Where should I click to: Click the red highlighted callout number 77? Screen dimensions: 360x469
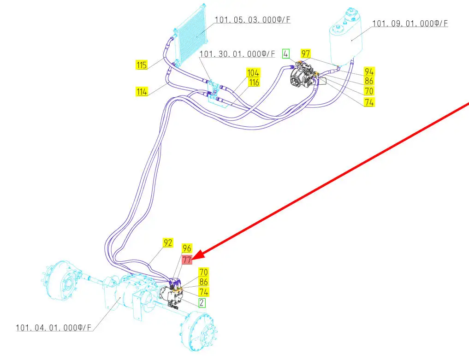[x=187, y=260]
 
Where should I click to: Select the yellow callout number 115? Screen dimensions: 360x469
[x=142, y=65]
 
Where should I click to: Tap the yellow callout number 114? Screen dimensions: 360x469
[x=142, y=92]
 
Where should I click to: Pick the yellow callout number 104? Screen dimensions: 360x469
[x=253, y=73]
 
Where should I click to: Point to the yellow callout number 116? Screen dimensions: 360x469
[x=253, y=83]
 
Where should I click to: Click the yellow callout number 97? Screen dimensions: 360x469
[x=306, y=53]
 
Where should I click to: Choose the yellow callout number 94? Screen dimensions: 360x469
[x=368, y=71]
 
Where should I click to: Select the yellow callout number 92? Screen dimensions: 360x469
[x=168, y=243]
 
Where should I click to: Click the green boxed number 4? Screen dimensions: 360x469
[x=286, y=53]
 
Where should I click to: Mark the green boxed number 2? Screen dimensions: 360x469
[x=202, y=302]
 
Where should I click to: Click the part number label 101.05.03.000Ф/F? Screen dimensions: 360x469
[x=253, y=20]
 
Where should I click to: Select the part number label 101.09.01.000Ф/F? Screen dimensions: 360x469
[x=410, y=23]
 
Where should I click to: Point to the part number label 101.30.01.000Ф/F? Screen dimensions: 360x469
[x=237, y=54]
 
